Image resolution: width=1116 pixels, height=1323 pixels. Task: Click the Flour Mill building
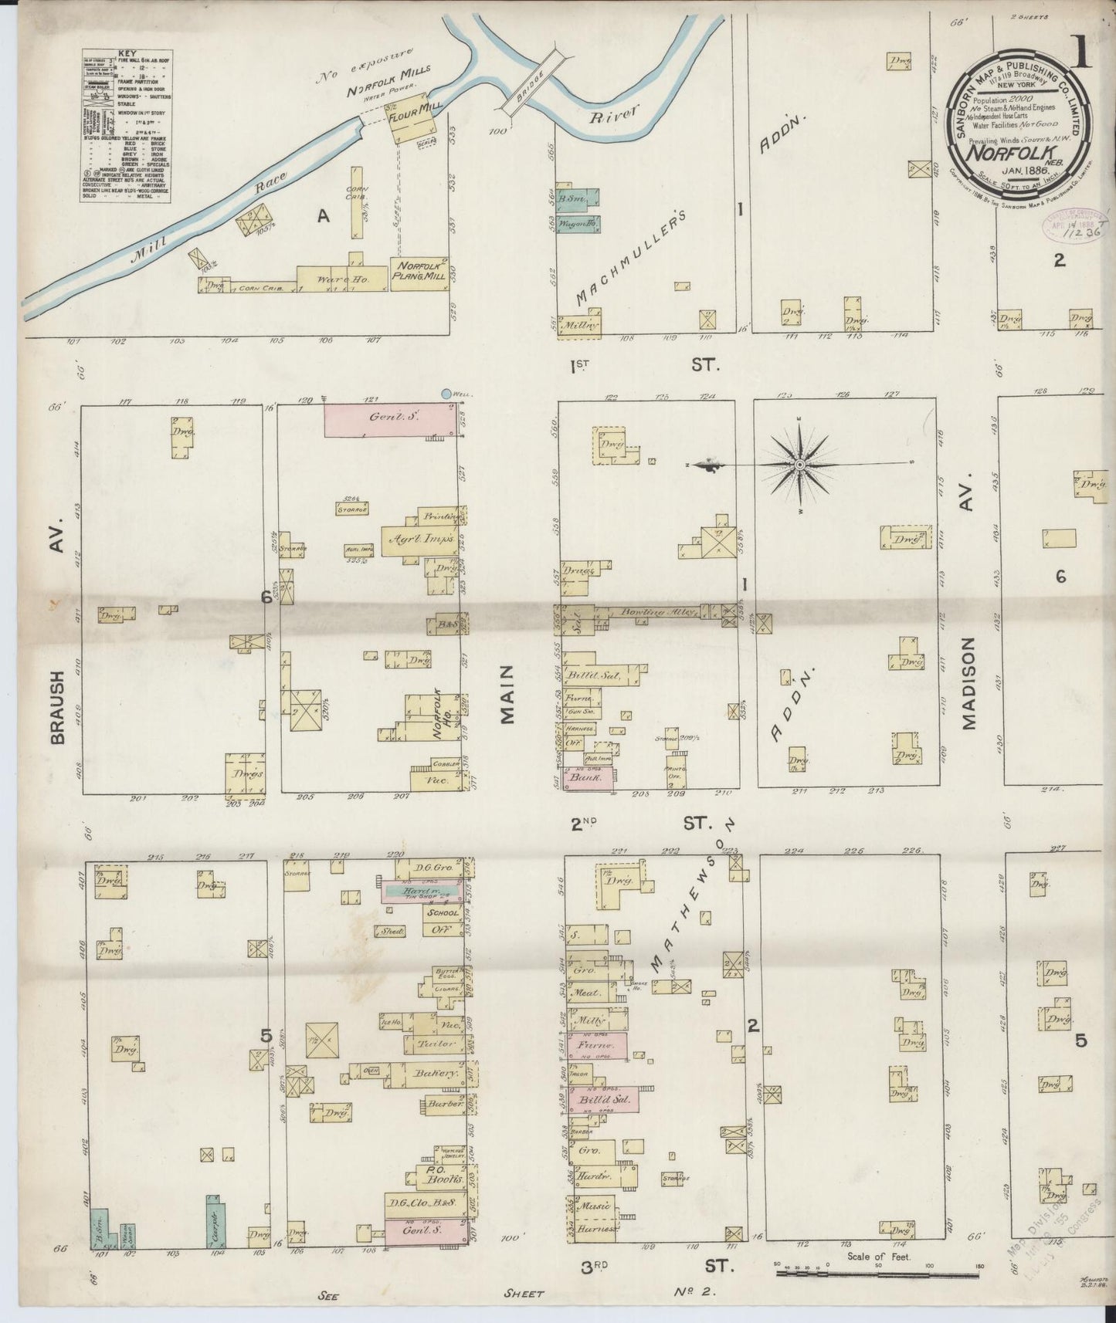(x=409, y=124)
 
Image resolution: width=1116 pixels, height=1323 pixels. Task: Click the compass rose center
(x=801, y=465)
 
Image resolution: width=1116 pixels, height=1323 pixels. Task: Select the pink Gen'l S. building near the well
(x=388, y=420)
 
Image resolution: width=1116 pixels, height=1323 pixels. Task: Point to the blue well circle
(x=446, y=394)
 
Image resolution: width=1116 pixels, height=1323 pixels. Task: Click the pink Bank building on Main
(x=589, y=779)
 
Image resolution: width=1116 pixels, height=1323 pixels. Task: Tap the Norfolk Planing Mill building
(x=419, y=274)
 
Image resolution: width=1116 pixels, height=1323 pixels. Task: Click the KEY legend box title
(x=127, y=54)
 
